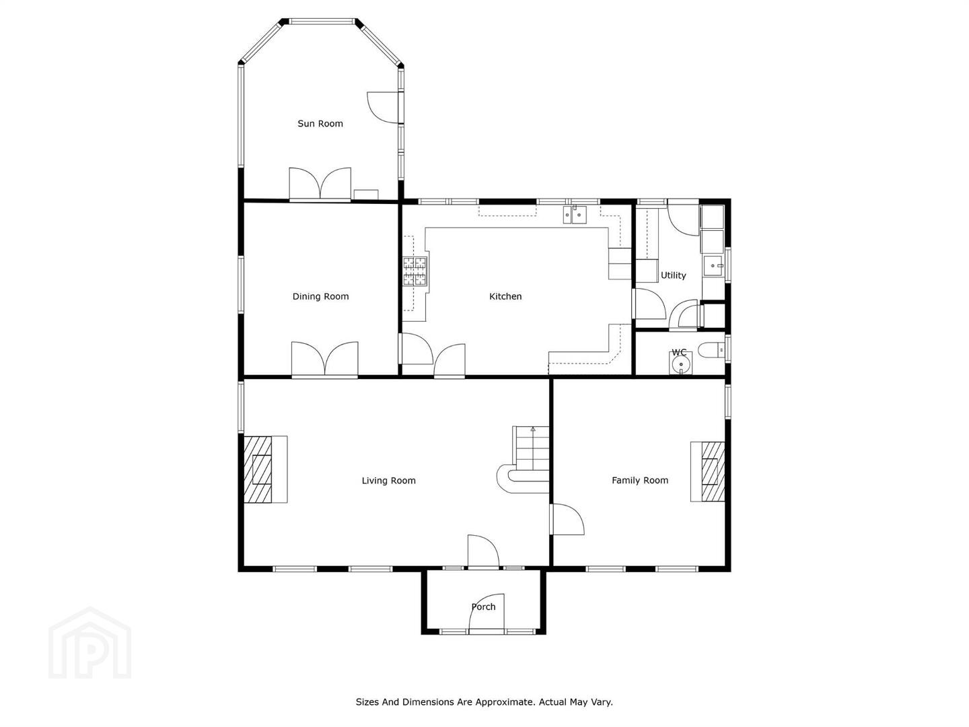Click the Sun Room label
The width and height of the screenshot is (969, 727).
(320, 124)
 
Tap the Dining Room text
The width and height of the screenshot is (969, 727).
(320, 296)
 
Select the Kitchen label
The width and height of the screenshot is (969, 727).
(505, 296)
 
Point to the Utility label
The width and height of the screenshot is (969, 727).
(673, 275)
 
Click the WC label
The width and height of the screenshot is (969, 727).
(679, 352)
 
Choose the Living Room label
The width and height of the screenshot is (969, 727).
(388, 481)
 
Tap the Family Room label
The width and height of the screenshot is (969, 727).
(640, 480)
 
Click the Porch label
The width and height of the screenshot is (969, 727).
(483, 607)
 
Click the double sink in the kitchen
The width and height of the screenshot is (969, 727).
(575, 215)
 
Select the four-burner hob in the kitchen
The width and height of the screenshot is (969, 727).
(415, 271)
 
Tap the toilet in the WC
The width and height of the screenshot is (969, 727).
(711, 350)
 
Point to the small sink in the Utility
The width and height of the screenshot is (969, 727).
(713, 266)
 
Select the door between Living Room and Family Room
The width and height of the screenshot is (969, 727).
(567, 519)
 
